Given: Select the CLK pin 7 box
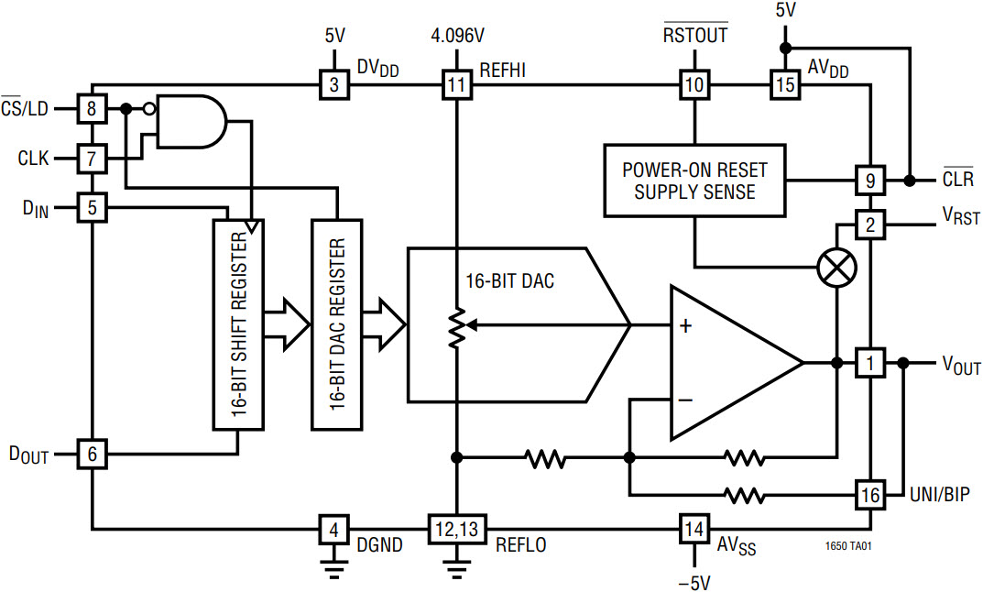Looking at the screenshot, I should point(92,159).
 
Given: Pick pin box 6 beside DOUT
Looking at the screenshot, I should point(92,453).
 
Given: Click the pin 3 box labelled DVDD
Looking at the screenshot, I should point(333,86).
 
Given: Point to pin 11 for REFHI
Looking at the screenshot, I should point(455,86).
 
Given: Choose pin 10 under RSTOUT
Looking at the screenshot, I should point(694,86).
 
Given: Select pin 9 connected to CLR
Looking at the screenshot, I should point(869,180).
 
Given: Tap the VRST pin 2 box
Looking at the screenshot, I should point(869,223).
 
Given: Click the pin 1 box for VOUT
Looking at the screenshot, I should point(869,363).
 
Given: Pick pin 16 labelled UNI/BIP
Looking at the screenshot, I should point(869,496).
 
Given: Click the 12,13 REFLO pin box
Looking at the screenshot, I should point(455,529).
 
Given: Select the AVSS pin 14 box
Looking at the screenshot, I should point(694,529).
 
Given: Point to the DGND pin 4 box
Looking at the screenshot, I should point(333,529).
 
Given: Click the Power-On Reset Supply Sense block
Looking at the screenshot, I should point(694,181).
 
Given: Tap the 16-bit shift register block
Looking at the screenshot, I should point(237,324).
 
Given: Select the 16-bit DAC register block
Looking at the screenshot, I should point(336,324).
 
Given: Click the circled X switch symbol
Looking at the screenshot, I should point(836,268).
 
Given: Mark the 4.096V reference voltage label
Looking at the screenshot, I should point(457,37).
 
